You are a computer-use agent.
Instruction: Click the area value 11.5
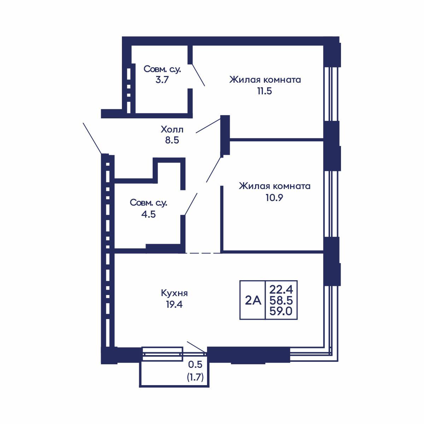pos(265,91)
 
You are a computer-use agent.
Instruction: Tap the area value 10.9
pos(274,198)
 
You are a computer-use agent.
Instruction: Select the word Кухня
pos(174,293)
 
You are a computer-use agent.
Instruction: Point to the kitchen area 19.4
pos(174,305)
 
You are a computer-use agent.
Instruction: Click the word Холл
pos(172,129)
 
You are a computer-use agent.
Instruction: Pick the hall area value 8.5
pos(172,140)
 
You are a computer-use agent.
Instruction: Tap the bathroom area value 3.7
pos(162,79)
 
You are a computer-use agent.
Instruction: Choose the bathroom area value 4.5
pos(148,214)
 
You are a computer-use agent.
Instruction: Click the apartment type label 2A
pos(253,300)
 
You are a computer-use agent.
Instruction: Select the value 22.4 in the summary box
pos(281,290)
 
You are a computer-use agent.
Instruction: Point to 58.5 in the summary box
pos(281,300)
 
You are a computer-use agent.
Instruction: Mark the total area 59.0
pos(281,311)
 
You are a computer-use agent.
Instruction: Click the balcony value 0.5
pos(195,365)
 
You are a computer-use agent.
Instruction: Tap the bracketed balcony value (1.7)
pos(195,378)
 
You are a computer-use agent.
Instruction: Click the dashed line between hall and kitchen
pos(203,253)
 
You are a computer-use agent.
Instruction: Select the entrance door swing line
pos(92,139)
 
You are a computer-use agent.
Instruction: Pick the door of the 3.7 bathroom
pos(198,75)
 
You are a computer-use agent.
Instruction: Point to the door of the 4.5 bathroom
pos(191,204)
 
